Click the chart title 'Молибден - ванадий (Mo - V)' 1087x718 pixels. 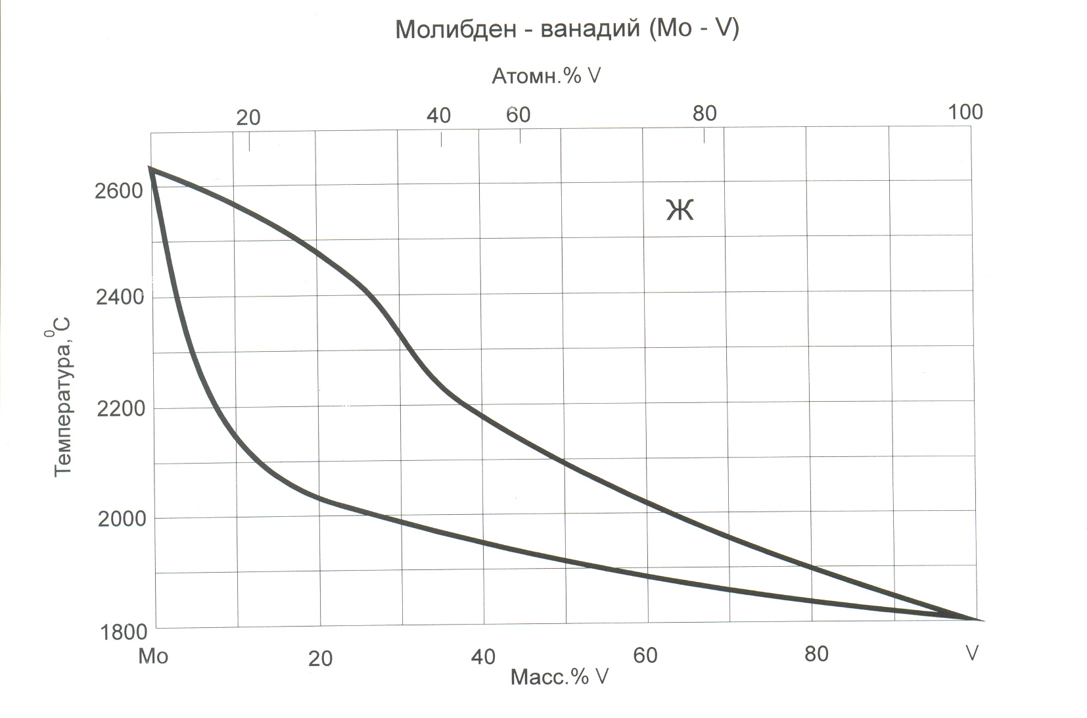point(567,29)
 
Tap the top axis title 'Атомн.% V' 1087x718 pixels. point(546,76)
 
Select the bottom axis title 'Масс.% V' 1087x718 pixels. point(559,677)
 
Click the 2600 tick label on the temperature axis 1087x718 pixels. point(119,191)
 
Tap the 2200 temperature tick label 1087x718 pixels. point(120,409)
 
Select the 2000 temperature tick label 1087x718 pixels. point(122,519)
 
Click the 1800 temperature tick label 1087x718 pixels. point(123,632)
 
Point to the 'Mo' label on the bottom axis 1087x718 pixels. point(153,656)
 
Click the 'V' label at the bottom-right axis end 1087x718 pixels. point(971,654)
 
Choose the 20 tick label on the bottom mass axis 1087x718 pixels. point(320,659)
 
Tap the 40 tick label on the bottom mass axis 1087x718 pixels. point(483,657)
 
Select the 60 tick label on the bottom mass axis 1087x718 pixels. point(645,656)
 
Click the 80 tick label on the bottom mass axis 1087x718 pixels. point(816,654)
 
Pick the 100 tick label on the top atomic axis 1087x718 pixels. point(965,112)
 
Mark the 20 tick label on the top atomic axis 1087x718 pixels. point(248,118)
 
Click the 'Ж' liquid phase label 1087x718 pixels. point(680,210)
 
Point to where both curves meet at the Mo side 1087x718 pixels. point(151,169)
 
